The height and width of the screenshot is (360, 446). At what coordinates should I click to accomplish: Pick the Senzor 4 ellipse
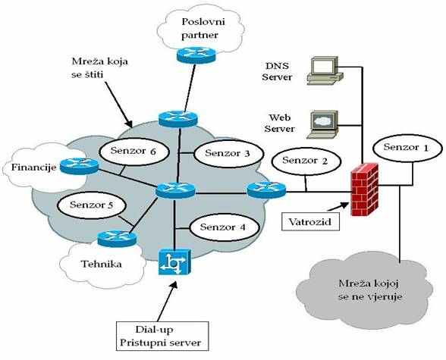pyautogui.click(x=225, y=228)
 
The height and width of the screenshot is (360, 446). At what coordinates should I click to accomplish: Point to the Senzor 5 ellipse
pyautogui.click(x=92, y=205)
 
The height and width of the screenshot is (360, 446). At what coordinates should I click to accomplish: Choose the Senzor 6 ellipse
pyautogui.click(x=134, y=152)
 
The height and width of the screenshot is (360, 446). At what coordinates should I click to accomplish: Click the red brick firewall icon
pyautogui.click(x=365, y=189)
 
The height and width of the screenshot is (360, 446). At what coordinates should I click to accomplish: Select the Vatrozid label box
pyautogui.click(x=310, y=221)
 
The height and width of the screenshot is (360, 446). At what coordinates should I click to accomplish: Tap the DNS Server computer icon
pyautogui.click(x=325, y=70)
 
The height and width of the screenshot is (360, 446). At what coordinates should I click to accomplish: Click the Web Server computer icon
pyautogui.click(x=323, y=125)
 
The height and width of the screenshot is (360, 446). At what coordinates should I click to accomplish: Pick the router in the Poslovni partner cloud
pyautogui.click(x=196, y=55)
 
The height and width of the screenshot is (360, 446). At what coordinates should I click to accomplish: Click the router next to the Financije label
pyautogui.click(x=79, y=166)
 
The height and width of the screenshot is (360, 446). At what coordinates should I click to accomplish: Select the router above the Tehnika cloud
pyautogui.click(x=117, y=239)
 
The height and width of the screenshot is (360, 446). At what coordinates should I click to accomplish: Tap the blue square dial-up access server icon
pyautogui.click(x=174, y=262)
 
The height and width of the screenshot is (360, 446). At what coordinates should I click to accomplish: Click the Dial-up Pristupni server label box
pyautogui.click(x=162, y=337)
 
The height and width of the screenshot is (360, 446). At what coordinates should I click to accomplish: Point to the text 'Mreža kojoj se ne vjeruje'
pyautogui.click(x=370, y=290)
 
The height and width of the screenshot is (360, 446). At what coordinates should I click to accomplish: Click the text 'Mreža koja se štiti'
pyautogui.click(x=99, y=68)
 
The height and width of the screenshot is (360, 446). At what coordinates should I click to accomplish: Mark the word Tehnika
pyautogui.click(x=102, y=265)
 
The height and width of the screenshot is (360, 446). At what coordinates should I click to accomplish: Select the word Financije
pyautogui.click(x=33, y=167)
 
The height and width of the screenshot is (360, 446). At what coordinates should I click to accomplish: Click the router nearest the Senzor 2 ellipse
pyautogui.click(x=266, y=190)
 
